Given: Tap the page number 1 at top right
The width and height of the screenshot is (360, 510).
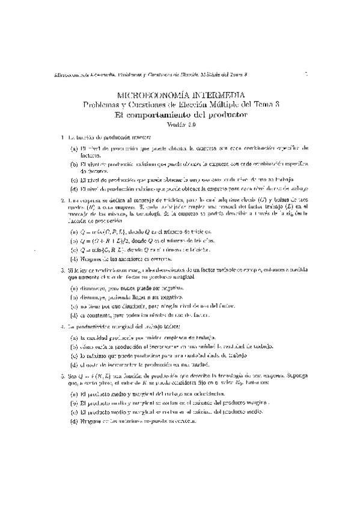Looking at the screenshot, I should pyautogui.click(x=306, y=74).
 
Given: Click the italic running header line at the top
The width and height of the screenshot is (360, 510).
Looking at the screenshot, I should pyautogui.click(x=151, y=75).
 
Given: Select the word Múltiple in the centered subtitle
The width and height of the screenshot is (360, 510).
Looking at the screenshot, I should pyautogui.click(x=221, y=104).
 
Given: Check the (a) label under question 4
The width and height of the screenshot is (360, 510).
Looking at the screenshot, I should pyautogui.click(x=74, y=337).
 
